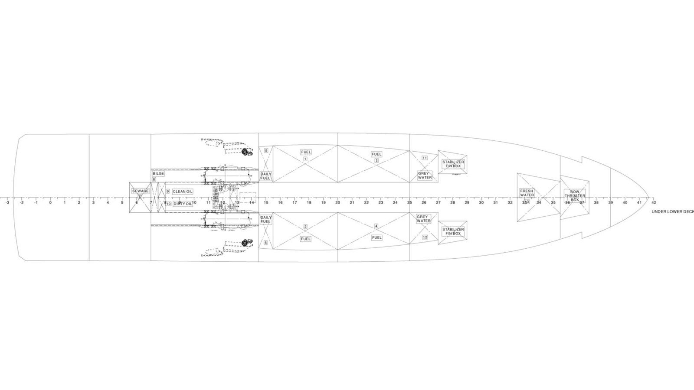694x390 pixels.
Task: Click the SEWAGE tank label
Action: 140,191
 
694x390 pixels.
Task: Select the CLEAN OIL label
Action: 183,191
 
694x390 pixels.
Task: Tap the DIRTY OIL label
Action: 183,204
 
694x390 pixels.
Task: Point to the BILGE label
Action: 158,174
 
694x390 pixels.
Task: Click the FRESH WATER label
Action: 527,193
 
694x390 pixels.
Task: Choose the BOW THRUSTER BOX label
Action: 575,195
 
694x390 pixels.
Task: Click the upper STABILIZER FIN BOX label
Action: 453,164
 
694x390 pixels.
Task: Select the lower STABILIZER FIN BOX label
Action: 453,231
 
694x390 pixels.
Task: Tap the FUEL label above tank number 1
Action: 306,152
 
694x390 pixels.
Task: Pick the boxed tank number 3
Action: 376,160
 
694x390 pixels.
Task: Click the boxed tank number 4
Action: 376,226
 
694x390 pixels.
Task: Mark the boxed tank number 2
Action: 305,227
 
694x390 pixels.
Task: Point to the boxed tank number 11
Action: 425,158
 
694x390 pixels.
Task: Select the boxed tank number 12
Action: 425,237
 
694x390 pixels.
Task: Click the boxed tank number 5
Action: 266,150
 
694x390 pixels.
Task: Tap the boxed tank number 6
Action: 266,243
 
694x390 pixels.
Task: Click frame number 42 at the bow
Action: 654,202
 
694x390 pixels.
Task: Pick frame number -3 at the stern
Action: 7,202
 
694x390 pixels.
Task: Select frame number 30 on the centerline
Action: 481,202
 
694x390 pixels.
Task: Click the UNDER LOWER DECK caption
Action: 672,212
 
